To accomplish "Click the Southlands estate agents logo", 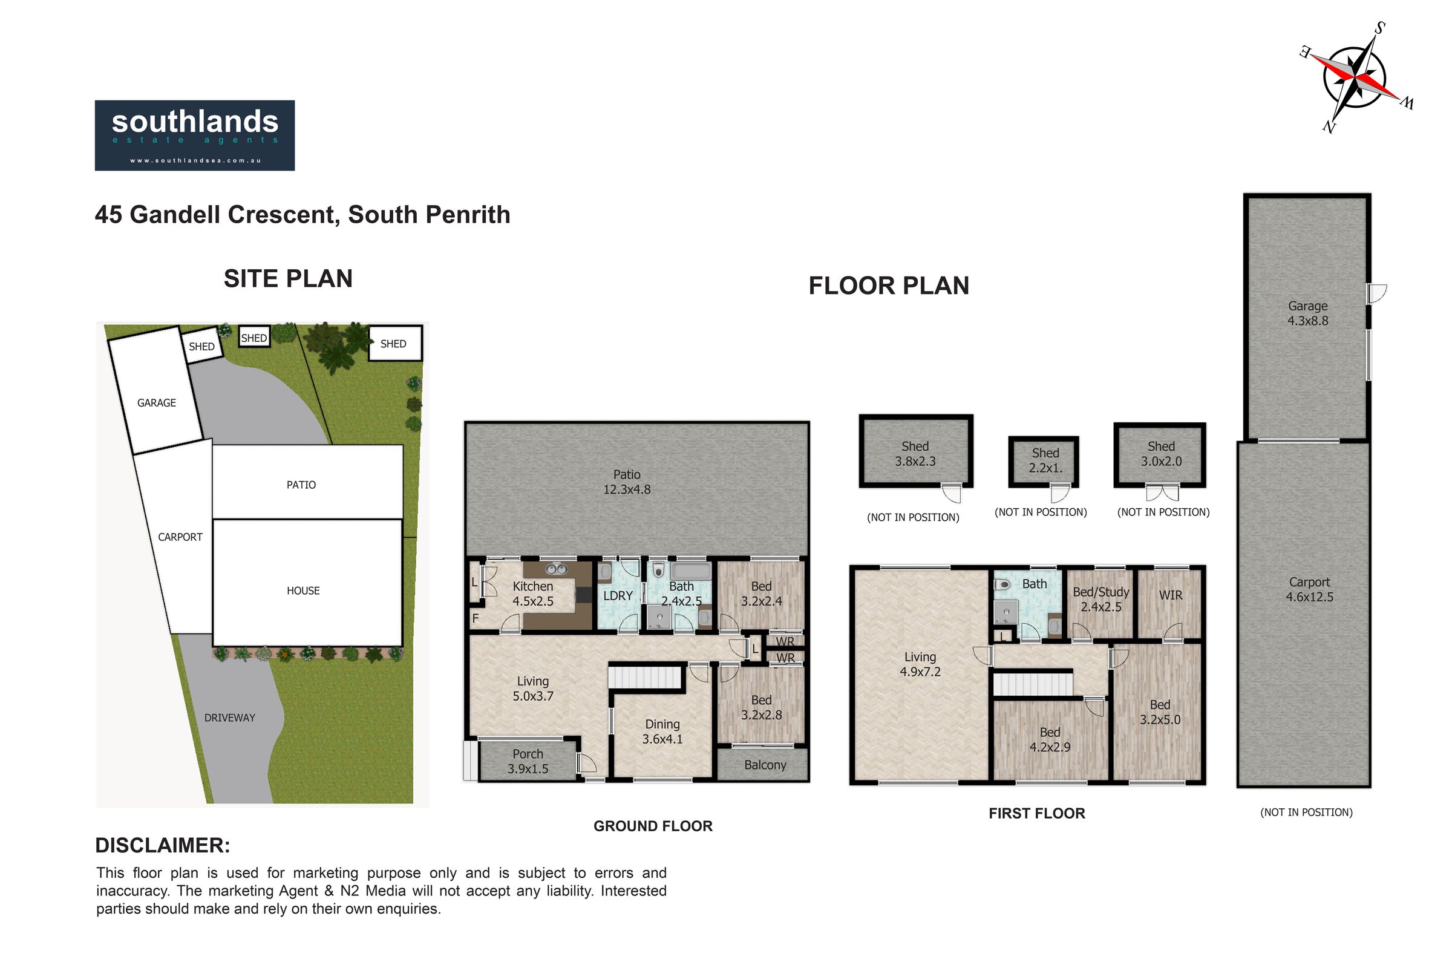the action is pos(194,135).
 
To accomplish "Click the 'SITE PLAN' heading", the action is pos(289,279).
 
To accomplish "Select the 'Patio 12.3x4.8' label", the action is pos(627,482).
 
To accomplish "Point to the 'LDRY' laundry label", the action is pos(618,596).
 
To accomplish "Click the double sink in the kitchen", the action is pos(556,569).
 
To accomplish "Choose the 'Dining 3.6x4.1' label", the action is pos(662,731).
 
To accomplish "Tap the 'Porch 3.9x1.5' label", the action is pos(528,761).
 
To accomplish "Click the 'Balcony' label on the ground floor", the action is pos(765,765).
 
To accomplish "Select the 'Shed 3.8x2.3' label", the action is pos(915,454).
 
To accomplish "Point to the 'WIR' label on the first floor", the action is pos(1171,596).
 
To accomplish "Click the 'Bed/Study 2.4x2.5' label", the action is pos(1100,600).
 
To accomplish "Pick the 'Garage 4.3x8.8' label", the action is pos(1307,313).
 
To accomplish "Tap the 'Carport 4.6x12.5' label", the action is pos(1309,589).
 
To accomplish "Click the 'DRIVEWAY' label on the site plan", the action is pos(230,718).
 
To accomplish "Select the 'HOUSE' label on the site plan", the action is pos(303,591).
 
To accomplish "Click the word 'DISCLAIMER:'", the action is pos(162,846).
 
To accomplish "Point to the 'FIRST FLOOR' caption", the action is pos(1036,814).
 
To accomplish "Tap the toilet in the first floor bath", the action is pos(1002,584).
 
